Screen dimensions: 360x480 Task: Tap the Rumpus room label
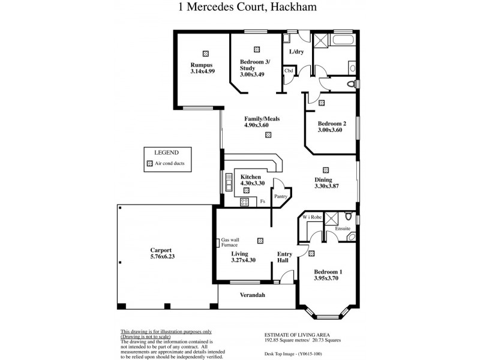click(x=202, y=65)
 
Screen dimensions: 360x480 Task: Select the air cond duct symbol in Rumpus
click(x=206, y=53)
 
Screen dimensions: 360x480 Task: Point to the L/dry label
click(x=296, y=52)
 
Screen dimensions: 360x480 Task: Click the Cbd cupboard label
click(x=289, y=71)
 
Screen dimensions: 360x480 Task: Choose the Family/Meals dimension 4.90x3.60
click(x=262, y=125)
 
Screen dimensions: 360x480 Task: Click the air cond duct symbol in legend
click(x=150, y=163)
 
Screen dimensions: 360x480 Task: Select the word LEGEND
click(x=166, y=152)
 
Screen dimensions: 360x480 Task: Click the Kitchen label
click(x=250, y=178)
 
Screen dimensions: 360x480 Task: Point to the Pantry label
click(x=281, y=196)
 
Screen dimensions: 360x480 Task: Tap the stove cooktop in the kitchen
click(x=244, y=202)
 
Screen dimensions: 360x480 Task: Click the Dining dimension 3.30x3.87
click(x=326, y=186)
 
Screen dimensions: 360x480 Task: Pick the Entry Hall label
click(x=284, y=257)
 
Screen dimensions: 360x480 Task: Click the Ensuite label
click(x=342, y=229)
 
